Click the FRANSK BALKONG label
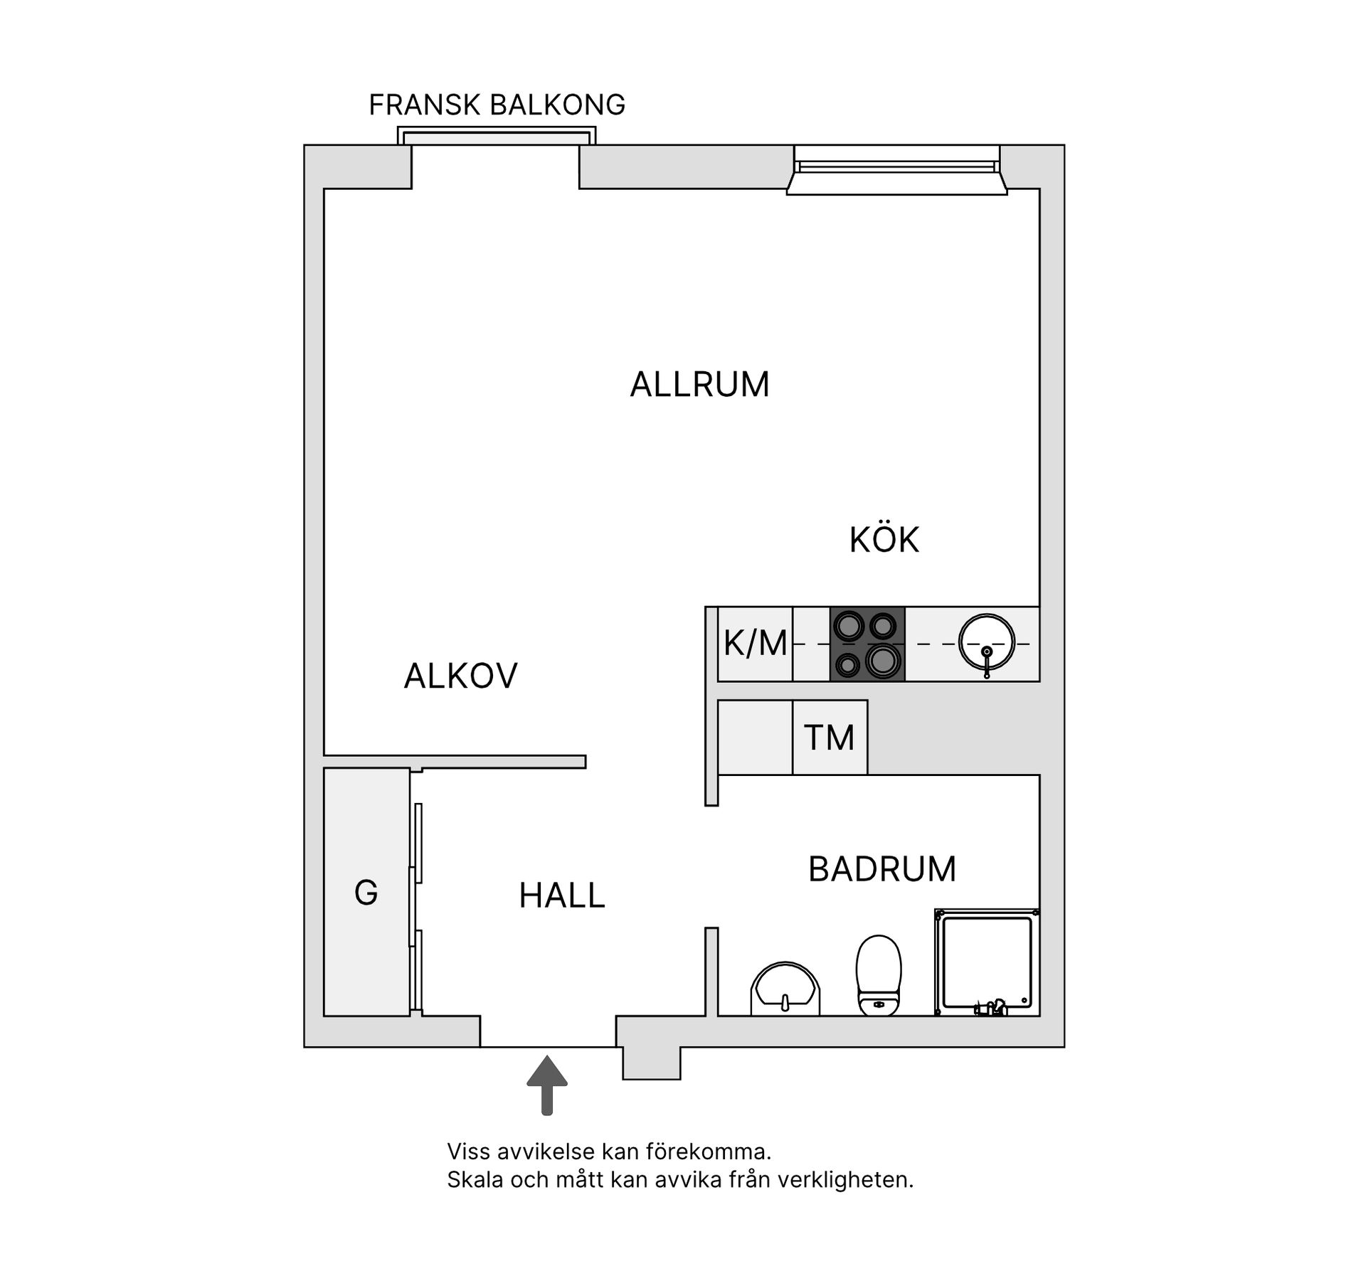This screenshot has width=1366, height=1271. tap(497, 105)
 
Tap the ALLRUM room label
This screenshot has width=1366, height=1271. tap(699, 385)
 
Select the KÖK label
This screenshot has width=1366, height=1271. tap(884, 540)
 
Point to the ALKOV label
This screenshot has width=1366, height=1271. tap(460, 676)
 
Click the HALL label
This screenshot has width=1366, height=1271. tap(561, 895)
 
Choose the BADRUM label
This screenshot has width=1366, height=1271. tap(881, 869)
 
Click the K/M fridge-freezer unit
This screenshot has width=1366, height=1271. tap(755, 644)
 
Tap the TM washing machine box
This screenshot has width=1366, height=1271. tap(830, 738)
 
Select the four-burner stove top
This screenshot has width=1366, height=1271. tap(867, 644)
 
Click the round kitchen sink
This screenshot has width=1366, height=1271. tap(986, 642)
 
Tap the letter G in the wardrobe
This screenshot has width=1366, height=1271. tap(366, 893)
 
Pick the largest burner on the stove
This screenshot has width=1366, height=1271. tap(882, 661)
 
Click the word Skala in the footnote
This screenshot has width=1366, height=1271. tap(471, 1180)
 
